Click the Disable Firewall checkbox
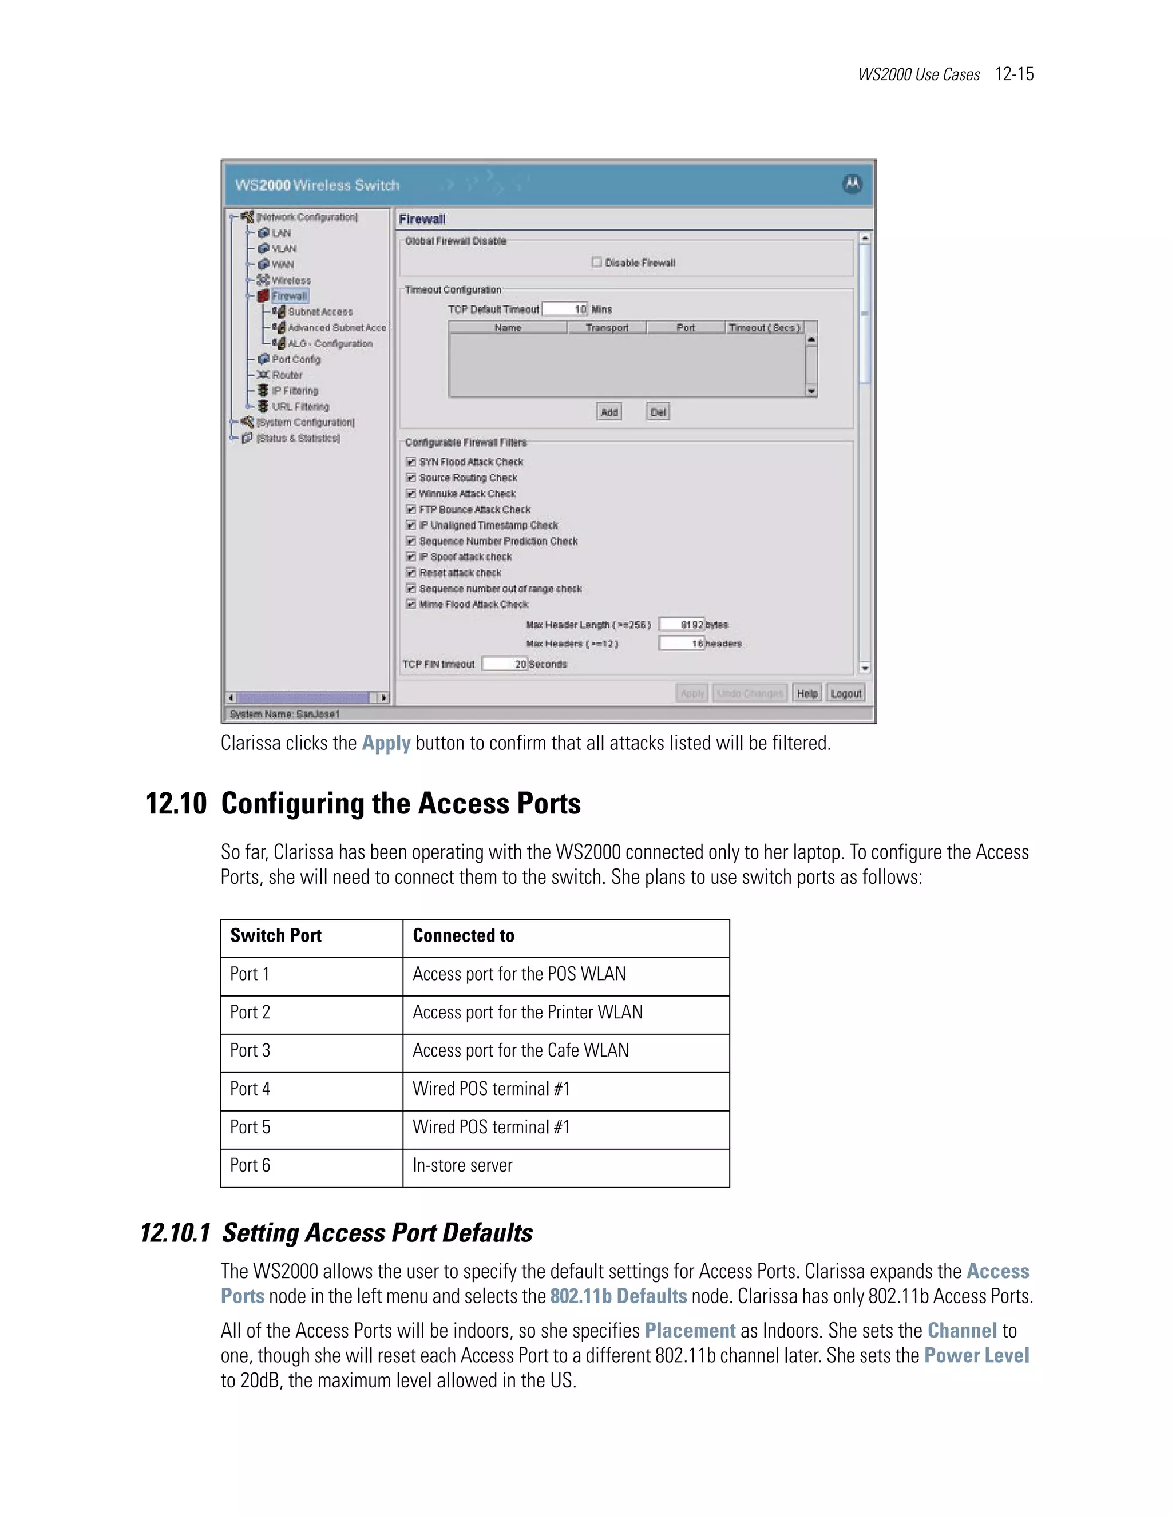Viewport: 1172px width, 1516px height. point(596,263)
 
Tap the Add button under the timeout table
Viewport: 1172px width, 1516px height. point(609,412)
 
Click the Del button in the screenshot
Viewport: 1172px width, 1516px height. point(658,412)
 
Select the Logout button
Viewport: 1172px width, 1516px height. point(846,693)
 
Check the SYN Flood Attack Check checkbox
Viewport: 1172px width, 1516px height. point(411,462)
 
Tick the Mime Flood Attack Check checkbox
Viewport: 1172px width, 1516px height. point(411,605)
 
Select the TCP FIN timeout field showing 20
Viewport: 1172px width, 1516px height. point(505,664)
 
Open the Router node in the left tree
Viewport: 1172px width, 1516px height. point(287,375)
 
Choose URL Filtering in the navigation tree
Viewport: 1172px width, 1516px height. point(300,407)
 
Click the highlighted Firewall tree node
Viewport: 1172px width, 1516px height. point(290,296)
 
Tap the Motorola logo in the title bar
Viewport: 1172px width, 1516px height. point(852,185)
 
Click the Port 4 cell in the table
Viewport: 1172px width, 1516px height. point(250,1089)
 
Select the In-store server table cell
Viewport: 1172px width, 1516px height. point(462,1165)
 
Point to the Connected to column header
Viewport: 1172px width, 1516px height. point(464,936)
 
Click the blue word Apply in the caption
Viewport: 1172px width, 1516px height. point(386,744)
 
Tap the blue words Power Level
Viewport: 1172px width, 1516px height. point(976,1356)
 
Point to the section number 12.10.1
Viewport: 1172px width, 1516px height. point(176,1233)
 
